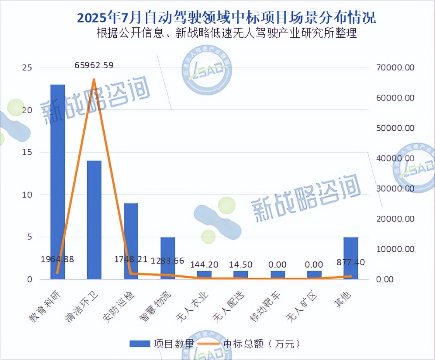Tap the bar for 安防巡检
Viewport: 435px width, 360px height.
(x=131, y=241)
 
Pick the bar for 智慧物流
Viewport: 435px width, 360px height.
(x=167, y=258)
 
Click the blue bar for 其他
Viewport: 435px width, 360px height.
(x=350, y=258)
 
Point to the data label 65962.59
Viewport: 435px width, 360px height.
(x=94, y=66)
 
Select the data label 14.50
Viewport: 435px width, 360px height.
(x=240, y=265)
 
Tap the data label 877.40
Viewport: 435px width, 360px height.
(x=350, y=262)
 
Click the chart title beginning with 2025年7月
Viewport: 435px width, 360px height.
(x=226, y=18)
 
